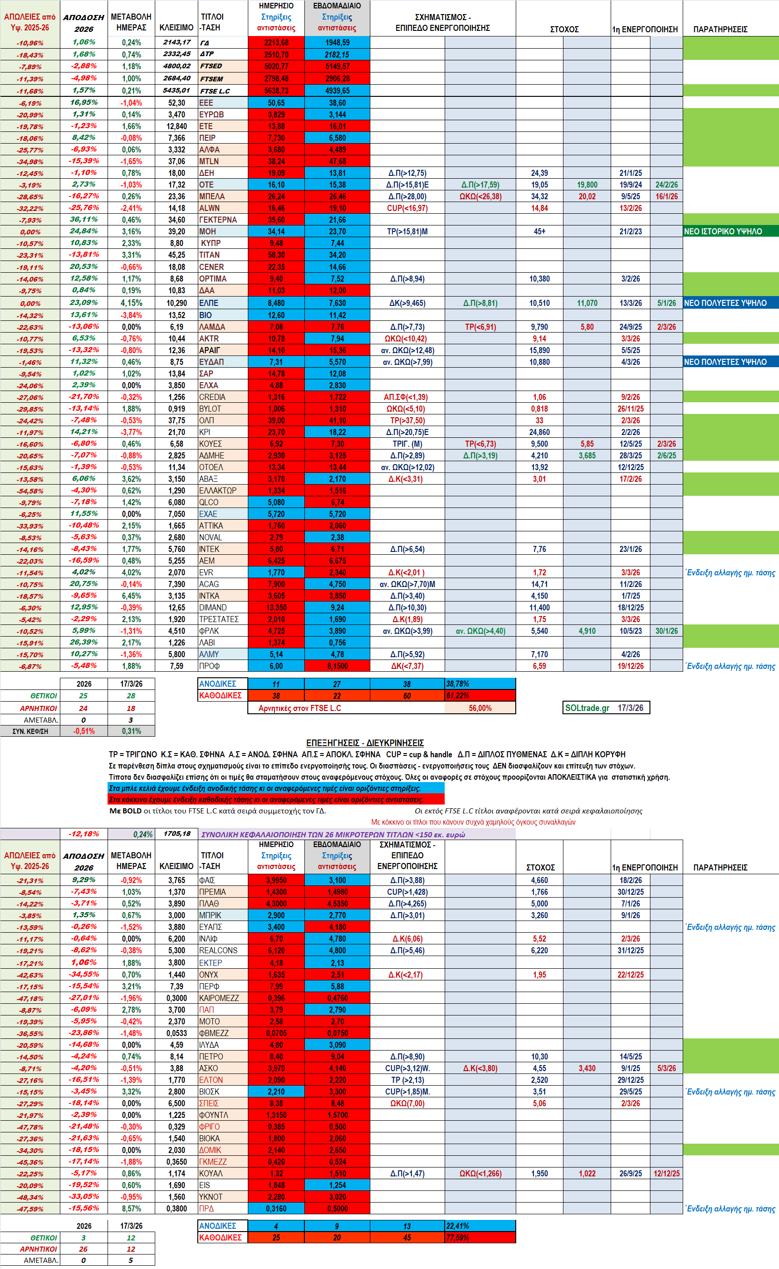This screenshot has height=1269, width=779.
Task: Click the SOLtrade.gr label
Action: point(587,707)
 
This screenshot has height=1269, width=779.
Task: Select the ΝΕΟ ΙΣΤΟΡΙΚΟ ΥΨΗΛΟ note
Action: point(723,232)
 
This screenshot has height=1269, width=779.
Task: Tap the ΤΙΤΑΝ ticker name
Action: point(209,255)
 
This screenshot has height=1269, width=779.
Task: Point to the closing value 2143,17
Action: point(177,42)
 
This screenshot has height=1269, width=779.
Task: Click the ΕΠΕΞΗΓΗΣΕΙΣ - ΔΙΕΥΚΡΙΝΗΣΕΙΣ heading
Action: point(365,742)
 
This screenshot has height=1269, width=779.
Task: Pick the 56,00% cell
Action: point(480,708)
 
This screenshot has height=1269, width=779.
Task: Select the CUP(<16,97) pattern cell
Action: point(407,208)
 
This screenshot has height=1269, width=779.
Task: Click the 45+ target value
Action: point(540,232)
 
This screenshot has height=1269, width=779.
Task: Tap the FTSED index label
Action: point(211,66)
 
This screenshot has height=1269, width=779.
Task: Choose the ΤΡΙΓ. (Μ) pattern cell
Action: point(407,443)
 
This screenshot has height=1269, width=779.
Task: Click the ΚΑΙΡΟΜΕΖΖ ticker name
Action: point(218,998)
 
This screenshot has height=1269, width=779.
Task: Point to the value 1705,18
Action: point(177,834)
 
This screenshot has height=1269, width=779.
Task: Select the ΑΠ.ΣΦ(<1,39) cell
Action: point(405,397)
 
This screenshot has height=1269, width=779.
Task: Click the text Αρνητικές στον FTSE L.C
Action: point(299,708)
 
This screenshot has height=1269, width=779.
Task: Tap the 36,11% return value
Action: point(83,219)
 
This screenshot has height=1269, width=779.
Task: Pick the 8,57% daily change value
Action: point(131,1208)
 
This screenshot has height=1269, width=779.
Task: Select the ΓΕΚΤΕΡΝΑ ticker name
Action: point(218,219)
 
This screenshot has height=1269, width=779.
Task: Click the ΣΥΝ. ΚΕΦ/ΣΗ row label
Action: point(30,731)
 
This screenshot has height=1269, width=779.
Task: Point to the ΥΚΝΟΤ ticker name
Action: point(211,1196)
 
